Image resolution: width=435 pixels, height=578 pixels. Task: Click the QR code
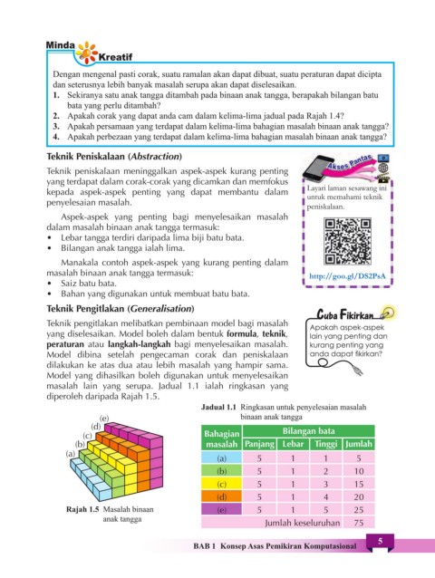click(347, 241)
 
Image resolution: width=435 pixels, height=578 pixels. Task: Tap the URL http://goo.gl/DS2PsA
click(347, 276)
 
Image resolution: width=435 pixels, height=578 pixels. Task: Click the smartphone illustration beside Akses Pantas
click(318, 169)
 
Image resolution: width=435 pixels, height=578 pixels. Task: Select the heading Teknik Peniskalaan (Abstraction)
click(114, 157)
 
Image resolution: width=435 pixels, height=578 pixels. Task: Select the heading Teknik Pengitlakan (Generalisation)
click(121, 309)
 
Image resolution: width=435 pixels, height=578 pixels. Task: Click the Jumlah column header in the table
click(359, 444)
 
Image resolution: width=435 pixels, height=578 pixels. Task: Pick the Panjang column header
click(259, 444)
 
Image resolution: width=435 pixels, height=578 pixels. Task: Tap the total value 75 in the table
click(359, 523)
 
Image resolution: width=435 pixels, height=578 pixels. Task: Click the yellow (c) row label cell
click(221, 484)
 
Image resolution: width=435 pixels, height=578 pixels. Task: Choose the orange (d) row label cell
click(221, 496)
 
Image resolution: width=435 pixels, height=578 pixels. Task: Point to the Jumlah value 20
click(359, 496)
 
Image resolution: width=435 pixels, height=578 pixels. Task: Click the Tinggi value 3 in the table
click(326, 484)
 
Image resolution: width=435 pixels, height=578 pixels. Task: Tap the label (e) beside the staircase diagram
click(104, 418)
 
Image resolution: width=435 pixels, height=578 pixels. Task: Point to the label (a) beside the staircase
click(71, 454)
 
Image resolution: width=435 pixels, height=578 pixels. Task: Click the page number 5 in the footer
click(380, 541)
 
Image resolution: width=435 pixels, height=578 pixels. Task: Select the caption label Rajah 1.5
click(82, 509)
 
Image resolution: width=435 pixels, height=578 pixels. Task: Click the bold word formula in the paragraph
click(241, 334)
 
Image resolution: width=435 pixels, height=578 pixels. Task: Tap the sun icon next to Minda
click(87, 53)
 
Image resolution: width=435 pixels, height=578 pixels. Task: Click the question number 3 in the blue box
click(55, 127)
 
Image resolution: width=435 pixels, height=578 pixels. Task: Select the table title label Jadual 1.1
click(218, 408)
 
